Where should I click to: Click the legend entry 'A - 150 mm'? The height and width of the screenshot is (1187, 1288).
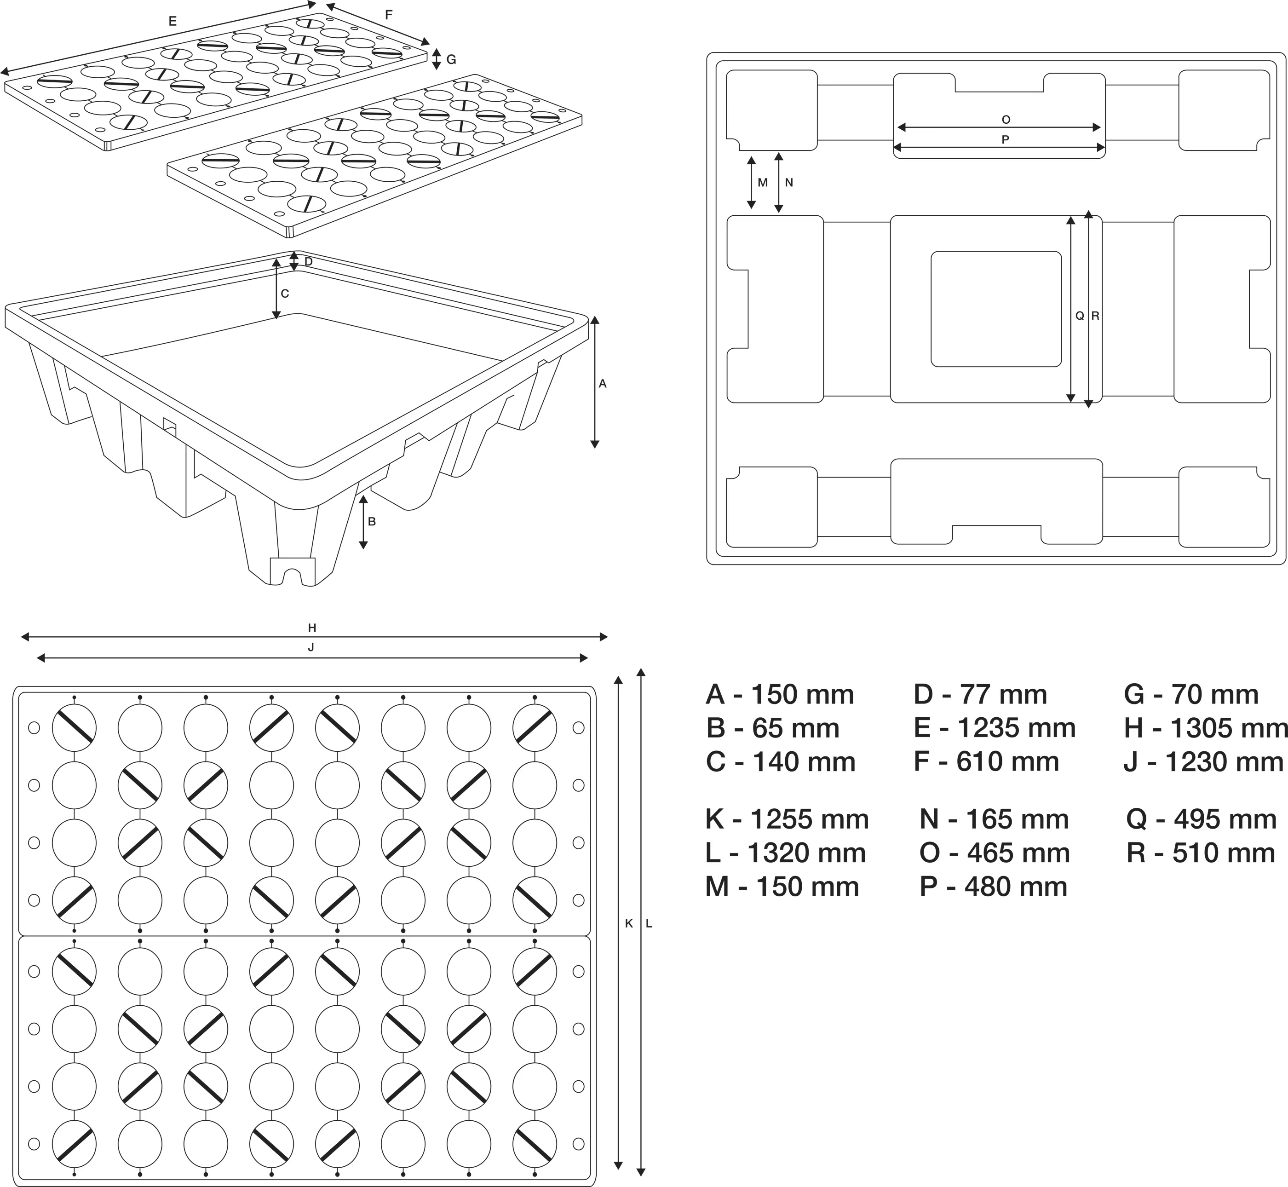[x=780, y=695]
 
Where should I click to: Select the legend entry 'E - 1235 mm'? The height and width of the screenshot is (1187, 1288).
[x=995, y=728]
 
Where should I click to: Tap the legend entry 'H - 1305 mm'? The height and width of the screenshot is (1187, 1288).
[x=1205, y=728]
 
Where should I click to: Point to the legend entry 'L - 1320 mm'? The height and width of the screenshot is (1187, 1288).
[x=785, y=853]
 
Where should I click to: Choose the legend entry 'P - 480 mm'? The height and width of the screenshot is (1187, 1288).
[x=993, y=887]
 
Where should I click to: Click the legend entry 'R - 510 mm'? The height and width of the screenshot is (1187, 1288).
[x=1200, y=853]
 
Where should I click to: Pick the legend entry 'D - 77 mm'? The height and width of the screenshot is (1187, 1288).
[x=980, y=695]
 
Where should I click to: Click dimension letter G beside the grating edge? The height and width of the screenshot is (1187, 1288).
[x=451, y=60]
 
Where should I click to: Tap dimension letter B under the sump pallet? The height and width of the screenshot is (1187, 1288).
[x=372, y=522]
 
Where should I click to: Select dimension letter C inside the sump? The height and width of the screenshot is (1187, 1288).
[x=285, y=294]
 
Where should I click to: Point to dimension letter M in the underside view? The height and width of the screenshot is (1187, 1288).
[x=763, y=182]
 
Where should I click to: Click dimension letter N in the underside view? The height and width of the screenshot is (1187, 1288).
[x=789, y=182]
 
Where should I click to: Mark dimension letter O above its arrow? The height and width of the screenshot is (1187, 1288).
[x=1006, y=120]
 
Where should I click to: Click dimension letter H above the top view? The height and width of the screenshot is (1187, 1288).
[x=312, y=628]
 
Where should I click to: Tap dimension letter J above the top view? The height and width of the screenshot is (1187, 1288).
[x=311, y=647]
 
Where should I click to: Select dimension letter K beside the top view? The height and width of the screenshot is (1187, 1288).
[x=629, y=923]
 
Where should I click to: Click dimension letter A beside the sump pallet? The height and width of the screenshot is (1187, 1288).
[x=602, y=383]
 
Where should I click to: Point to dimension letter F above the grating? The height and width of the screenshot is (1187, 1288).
[x=388, y=15]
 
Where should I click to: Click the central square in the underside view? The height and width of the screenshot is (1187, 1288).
[x=996, y=309]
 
